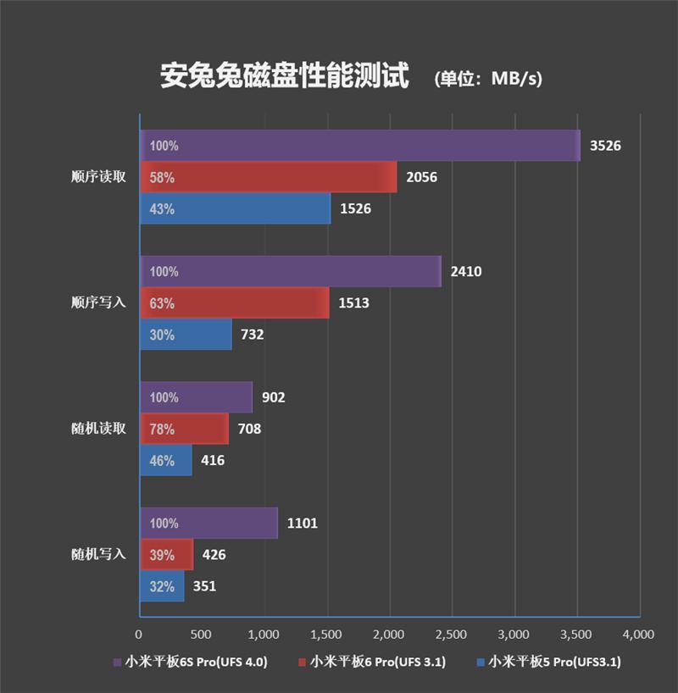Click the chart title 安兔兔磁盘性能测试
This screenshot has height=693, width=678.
[284, 76]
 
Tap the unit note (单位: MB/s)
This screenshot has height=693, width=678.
[487, 79]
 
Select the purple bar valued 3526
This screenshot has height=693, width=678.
[360, 146]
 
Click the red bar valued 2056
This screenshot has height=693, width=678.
[268, 177]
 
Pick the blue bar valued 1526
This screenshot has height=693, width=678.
[235, 208]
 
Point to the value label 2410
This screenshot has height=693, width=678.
[466, 272]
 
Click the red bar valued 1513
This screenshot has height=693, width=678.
[234, 303]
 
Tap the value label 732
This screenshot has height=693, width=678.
[252, 335]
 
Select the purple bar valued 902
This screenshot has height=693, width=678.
[196, 397]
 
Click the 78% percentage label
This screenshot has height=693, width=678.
[162, 430]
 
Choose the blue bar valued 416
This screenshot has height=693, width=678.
[165, 461]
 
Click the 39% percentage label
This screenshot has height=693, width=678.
[162, 555]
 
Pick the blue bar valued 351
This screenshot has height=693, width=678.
[161, 586]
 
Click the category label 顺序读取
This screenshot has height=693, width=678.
[99, 178]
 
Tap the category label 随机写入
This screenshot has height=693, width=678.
[99, 555]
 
